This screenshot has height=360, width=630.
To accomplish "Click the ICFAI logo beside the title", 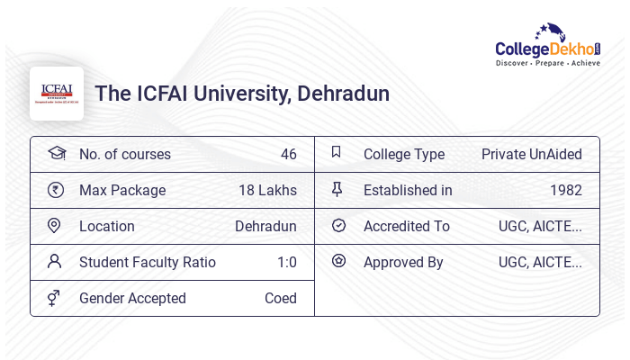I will pyautogui.click(x=57, y=93).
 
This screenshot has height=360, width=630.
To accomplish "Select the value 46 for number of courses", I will pyautogui.click(x=288, y=154).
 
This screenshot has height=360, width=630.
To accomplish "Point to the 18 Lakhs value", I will pyautogui.click(x=267, y=190).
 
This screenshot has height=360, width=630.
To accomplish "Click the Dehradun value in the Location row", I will pyautogui.click(x=265, y=226).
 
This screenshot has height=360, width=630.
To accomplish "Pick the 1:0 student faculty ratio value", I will pyautogui.click(x=286, y=262).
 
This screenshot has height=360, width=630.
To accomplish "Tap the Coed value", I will pyautogui.click(x=280, y=298).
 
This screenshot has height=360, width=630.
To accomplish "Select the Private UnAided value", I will pyautogui.click(x=531, y=154).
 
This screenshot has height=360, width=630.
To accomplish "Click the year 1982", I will pyautogui.click(x=565, y=190).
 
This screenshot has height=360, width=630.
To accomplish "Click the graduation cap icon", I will pyautogui.click(x=56, y=153).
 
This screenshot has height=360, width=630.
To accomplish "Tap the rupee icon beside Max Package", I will pyautogui.click(x=55, y=190).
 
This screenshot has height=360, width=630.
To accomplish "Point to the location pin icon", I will pyautogui.click(x=54, y=226).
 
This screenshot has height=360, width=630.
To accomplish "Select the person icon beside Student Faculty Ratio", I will pyautogui.click(x=55, y=262).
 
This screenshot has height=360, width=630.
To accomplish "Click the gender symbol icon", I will pyautogui.click(x=54, y=298).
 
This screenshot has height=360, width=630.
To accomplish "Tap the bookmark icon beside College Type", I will pyautogui.click(x=337, y=153).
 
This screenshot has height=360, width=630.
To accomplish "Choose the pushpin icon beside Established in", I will pyautogui.click(x=337, y=189).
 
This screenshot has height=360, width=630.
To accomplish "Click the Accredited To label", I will pyautogui.click(x=406, y=226).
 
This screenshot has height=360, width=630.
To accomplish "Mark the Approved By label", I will pyautogui.click(x=403, y=262).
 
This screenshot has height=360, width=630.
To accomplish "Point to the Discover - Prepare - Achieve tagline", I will pyautogui.click(x=547, y=63).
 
